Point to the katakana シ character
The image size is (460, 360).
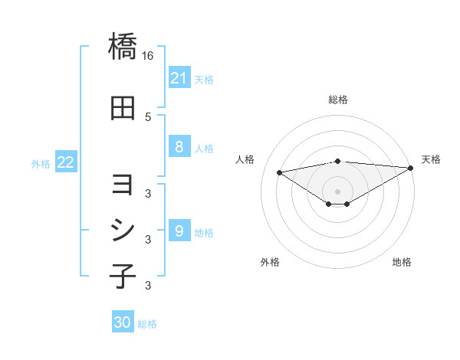(x=123, y=230)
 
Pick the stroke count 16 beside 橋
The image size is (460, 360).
(x=148, y=56)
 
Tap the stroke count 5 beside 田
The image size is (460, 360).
(x=148, y=116)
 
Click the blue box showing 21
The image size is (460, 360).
(x=179, y=77)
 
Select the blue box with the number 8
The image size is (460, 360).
(x=179, y=147)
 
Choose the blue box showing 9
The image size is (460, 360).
(x=179, y=231)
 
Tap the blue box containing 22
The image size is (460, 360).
(x=66, y=162)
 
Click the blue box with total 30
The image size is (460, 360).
(x=123, y=322)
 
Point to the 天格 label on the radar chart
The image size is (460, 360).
(x=431, y=159)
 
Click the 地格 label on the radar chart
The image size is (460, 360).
(x=402, y=262)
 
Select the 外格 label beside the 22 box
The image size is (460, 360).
(x=41, y=163)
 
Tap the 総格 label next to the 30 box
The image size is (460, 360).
(x=147, y=324)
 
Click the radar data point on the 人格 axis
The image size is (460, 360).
(x=280, y=172)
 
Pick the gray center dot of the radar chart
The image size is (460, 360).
(x=337, y=191)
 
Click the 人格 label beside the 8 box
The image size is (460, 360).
(x=204, y=149)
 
